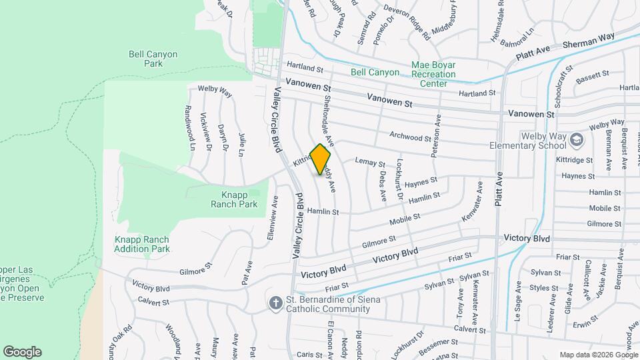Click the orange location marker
click(321, 159)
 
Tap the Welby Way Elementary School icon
click(577, 140)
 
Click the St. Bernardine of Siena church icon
click(275, 303)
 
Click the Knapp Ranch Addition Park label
click(142, 244)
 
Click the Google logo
click(22, 352)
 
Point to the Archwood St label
click(411, 138)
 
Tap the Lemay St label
click(371, 163)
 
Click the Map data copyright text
click(597, 355)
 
